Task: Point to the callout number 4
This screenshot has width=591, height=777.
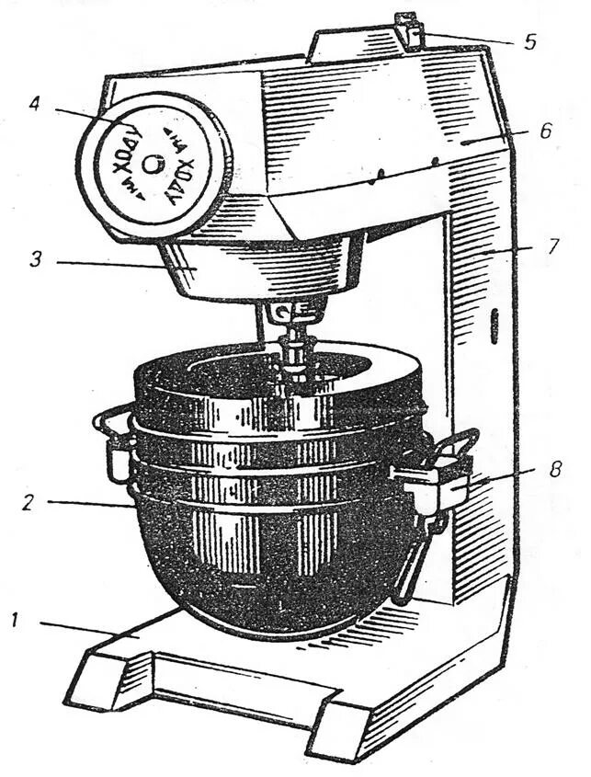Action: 35,104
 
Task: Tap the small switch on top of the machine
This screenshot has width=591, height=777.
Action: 409,29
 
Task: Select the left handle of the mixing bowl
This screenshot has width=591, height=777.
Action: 115,441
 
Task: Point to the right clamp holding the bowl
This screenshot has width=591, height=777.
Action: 432,478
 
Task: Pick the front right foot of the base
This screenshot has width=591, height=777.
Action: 340,731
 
